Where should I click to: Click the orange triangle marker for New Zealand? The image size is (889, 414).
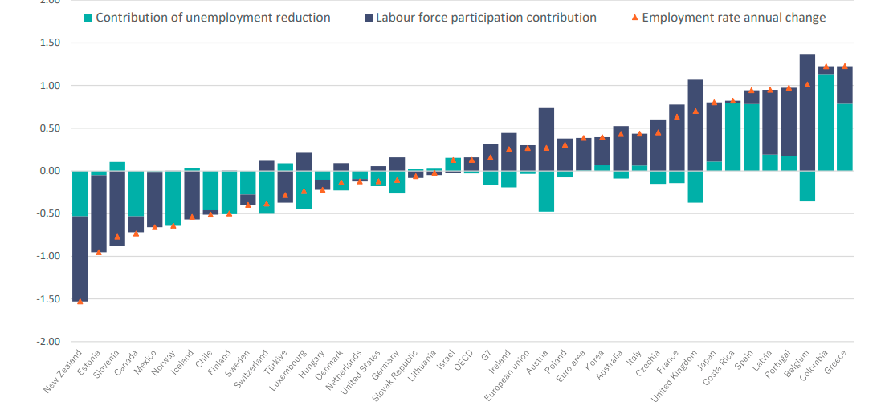tap(80, 301)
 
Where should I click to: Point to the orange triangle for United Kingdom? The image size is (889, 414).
tap(695, 111)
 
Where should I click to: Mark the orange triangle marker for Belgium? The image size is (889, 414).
tap(807, 84)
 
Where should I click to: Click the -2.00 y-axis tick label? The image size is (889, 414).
tap(49, 342)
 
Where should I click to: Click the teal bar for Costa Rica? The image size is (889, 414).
tap(732, 136)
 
